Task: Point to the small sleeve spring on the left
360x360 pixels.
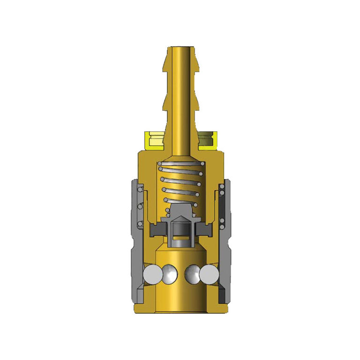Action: (x=140, y=206)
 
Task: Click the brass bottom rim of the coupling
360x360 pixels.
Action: (x=180, y=309)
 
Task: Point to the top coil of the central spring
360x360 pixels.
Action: (x=180, y=164)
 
